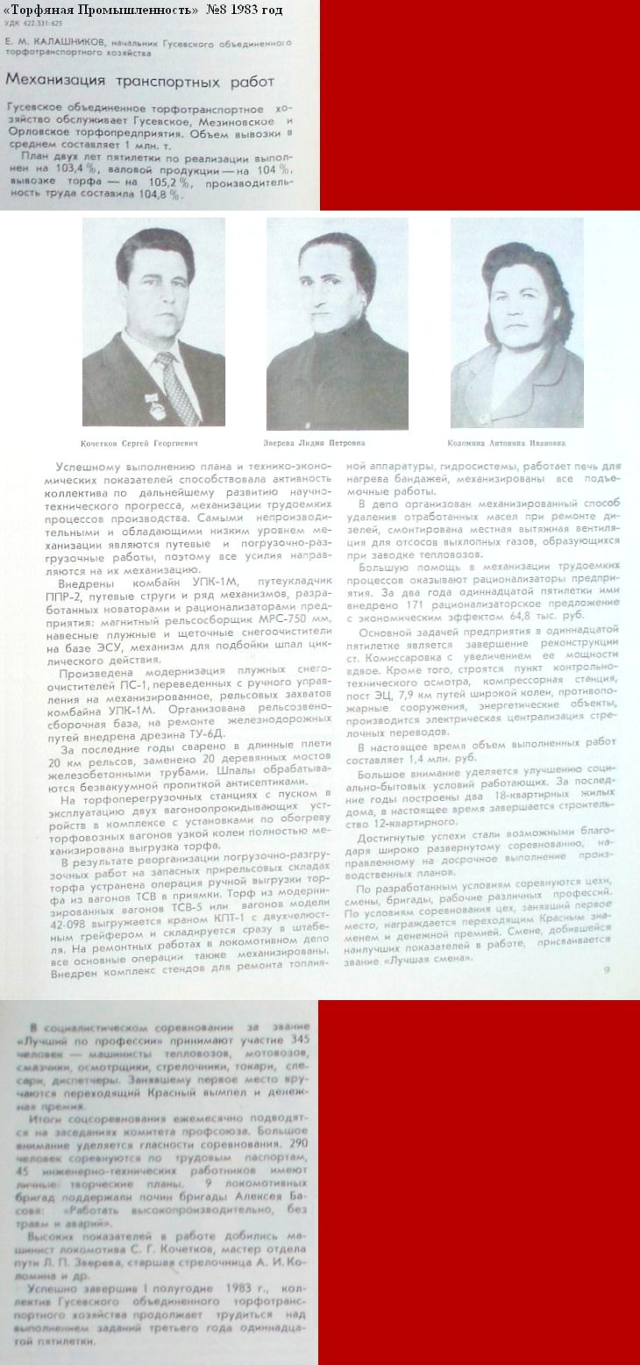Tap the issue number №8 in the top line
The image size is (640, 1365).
219,10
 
